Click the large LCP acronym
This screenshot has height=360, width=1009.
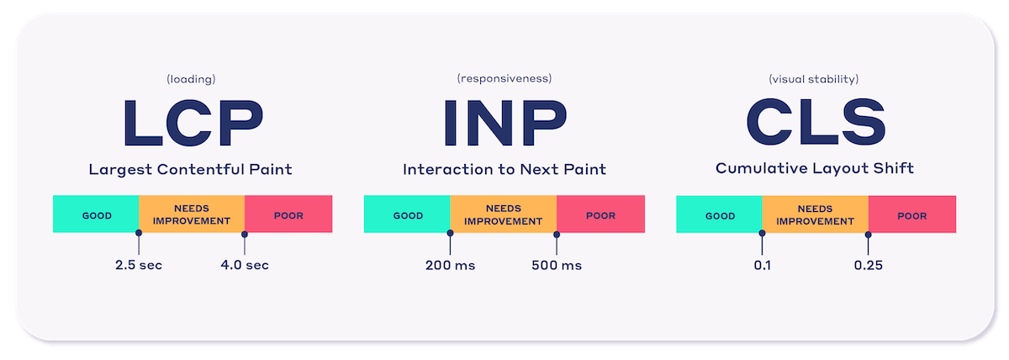(193, 123)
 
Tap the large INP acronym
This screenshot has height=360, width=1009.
(505, 123)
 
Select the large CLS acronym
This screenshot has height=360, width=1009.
(816, 122)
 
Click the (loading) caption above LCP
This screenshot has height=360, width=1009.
(191, 79)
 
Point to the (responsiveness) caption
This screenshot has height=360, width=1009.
(504, 79)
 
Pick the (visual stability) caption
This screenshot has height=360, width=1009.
(814, 79)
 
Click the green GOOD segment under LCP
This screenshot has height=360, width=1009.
(96, 214)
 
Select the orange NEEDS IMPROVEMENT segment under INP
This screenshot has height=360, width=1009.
(503, 214)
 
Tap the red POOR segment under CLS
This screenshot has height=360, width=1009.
(912, 214)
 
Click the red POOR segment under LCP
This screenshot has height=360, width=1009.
(288, 214)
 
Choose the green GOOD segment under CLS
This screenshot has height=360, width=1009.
(720, 214)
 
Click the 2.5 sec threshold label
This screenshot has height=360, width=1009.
(139, 265)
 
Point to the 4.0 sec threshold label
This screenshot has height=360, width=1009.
(245, 265)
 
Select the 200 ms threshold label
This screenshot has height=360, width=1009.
(451, 266)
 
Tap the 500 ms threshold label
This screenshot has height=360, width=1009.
(557, 266)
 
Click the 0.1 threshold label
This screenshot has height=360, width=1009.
(762, 266)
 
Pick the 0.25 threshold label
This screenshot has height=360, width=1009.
(869, 266)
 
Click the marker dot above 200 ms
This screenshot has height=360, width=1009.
(450, 233)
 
